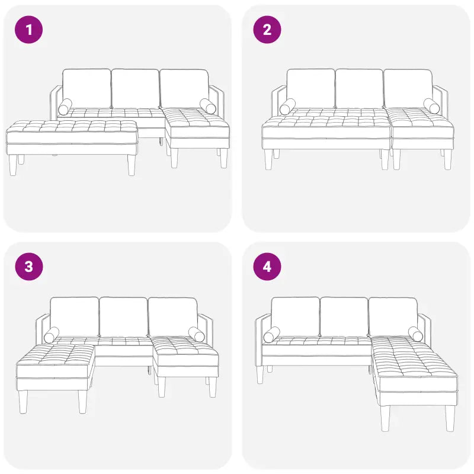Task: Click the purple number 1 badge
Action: (28, 30)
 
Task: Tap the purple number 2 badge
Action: (267, 30)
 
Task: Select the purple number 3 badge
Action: (28, 267)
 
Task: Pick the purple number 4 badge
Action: (267, 267)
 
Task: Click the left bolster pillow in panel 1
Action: (65, 107)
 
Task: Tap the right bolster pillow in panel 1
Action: (208, 106)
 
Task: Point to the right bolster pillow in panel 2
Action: (433, 106)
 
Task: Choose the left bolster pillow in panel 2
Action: (288, 107)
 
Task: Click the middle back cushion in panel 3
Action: (123, 316)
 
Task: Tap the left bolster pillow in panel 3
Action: (52, 335)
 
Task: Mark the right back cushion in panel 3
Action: (172, 316)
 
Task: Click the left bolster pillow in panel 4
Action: (272, 335)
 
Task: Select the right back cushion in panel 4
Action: (393, 316)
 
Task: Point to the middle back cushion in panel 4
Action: (344, 316)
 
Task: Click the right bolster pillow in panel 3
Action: (196, 334)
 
